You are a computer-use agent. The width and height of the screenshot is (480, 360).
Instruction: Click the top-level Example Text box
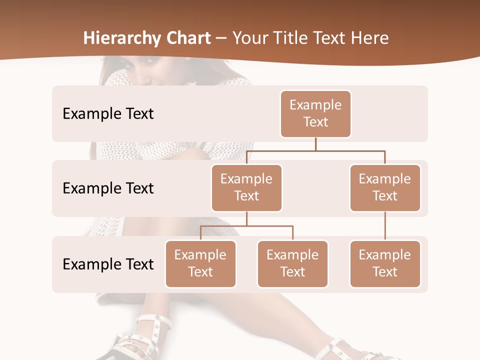(315, 113)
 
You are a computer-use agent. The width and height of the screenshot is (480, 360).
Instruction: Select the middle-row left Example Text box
(246, 187)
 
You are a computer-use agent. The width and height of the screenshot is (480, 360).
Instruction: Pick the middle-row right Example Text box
(385, 187)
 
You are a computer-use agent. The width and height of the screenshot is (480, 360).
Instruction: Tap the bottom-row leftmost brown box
(200, 263)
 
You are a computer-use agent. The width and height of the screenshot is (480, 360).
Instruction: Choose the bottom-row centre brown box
(292, 263)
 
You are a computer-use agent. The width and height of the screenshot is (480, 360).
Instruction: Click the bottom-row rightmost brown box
(385, 263)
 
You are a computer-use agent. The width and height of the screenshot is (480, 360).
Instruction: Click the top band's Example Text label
(108, 114)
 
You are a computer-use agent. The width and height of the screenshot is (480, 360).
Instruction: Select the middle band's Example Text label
(108, 188)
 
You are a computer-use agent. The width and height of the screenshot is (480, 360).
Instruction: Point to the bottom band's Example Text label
(108, 264)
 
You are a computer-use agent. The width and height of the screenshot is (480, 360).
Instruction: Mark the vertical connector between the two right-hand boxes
(385, 226)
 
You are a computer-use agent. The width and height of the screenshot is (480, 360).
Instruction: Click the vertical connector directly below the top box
(315, 144)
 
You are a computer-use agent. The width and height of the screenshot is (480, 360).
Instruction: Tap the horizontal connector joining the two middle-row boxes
(315, 150)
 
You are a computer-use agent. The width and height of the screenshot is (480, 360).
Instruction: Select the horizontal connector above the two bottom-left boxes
(246, 226)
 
